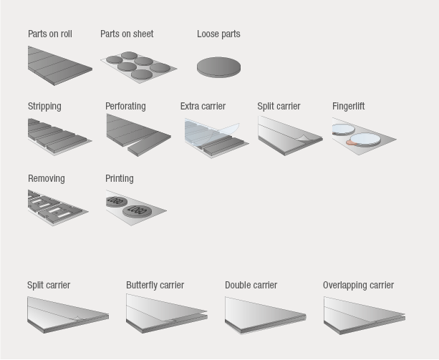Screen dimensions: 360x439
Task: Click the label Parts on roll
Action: point(50,34)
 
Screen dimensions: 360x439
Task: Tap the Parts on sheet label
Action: point(127,34)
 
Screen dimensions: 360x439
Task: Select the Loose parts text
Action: point(218,34)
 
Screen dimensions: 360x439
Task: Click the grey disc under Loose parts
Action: point(218,67)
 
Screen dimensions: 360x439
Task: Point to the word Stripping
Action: point(44,106)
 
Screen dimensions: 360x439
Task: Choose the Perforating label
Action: point(125,106)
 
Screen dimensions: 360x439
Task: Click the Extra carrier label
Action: point(203,106)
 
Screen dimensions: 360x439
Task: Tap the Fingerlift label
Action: point(348,106)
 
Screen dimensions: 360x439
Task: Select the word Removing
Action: point(47,178)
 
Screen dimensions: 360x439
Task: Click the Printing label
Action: point(120,178)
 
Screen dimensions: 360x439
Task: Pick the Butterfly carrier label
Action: point(155,285)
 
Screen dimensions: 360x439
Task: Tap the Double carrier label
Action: point(251,285)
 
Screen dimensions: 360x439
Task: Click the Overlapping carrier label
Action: point(358,285)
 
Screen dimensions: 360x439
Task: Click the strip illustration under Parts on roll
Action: point(59,66)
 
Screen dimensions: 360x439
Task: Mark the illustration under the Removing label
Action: point(57,207)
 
